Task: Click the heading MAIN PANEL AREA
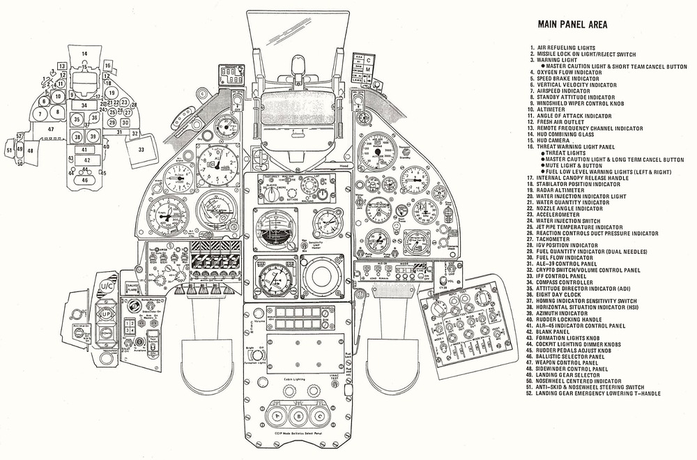[572, 24]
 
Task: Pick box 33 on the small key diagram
[141, 149]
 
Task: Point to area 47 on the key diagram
[50, 130]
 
